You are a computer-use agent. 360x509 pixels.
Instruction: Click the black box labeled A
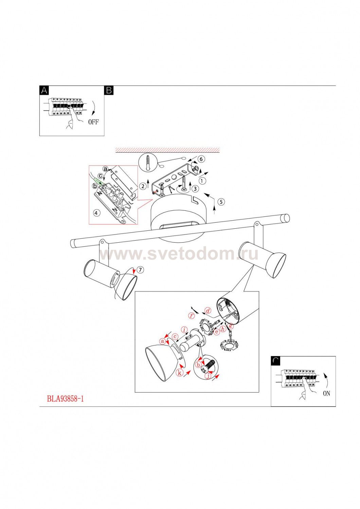point(44,91)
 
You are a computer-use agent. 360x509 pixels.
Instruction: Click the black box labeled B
point(109,91)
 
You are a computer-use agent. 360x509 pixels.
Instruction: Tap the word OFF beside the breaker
point(93,122)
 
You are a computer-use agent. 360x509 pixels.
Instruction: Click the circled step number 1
point(202,181)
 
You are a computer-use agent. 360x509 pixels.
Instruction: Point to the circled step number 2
point(143,186)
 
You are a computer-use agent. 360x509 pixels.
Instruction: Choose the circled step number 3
point(195,188)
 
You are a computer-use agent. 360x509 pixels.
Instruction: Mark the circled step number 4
point(97,213)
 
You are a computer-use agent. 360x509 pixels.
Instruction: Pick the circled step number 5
point(221,202)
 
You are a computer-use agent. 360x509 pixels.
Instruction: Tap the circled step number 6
point(201,159)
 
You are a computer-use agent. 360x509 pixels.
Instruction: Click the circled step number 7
point(141,270)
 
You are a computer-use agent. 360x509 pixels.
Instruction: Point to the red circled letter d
point(208,311)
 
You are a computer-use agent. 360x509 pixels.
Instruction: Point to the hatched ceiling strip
point(167,150)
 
